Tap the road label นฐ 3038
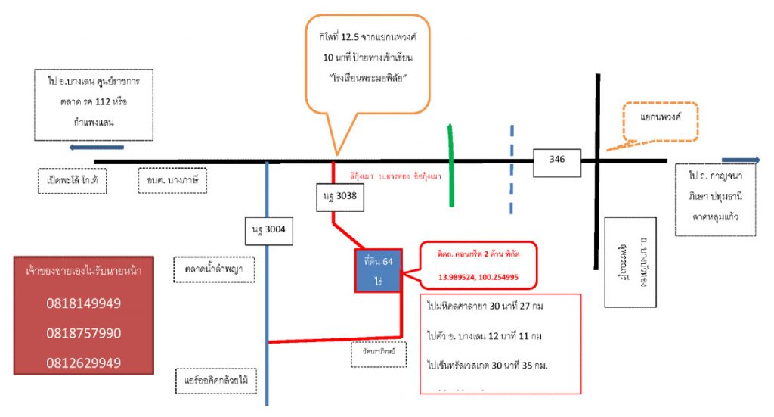coord(338,197)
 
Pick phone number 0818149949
coord(84,303)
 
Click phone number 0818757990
coord(84,333)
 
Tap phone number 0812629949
coord(84,363)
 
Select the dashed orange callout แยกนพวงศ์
coord(659,120)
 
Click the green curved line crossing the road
coord(452,164)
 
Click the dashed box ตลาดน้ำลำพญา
coord(213,269)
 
